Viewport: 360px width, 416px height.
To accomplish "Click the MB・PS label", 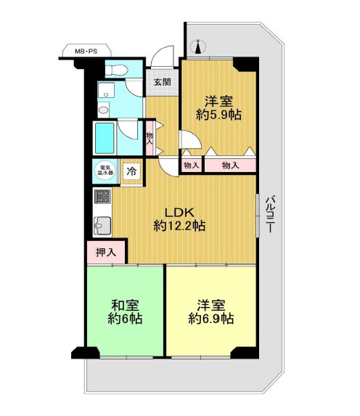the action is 86,52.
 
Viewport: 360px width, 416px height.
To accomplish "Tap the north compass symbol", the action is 198,47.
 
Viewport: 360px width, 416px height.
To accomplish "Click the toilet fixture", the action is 116,70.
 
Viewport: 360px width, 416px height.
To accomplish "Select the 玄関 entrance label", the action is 163,82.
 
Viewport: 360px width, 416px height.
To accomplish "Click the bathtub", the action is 105,138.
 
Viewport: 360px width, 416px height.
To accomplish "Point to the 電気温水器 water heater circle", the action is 105,170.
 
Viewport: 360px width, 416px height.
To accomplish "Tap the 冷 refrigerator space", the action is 131,171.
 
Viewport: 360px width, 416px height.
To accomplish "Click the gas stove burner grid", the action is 102,197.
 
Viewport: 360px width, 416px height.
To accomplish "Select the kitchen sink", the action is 102,226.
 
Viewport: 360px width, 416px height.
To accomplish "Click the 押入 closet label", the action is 106,253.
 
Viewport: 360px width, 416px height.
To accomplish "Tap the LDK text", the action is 180,213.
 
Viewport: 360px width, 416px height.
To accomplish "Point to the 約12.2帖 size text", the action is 179,226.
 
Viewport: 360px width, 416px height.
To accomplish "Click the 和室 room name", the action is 125,306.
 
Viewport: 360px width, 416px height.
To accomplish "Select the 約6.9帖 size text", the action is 211,319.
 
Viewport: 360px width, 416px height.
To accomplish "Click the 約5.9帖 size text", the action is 219,115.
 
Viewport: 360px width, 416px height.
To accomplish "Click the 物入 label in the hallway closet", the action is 150,139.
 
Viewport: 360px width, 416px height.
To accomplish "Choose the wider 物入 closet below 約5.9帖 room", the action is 230,166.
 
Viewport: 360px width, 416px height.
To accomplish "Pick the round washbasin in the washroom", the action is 103,110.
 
